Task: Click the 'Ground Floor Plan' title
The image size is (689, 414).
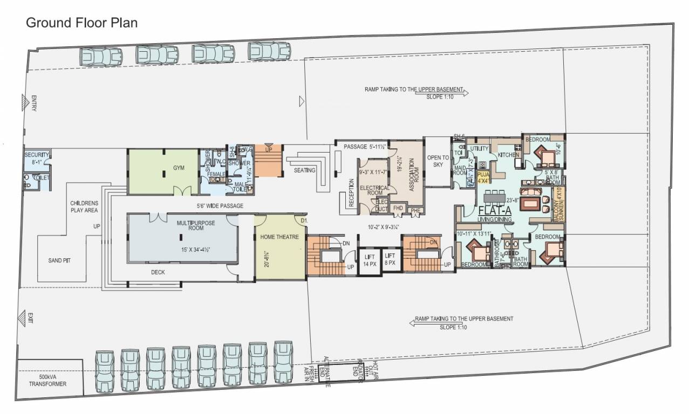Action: click(81, 23)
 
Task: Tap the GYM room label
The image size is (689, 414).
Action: click(179, 168)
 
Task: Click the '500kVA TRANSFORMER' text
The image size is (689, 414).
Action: click(48, 380)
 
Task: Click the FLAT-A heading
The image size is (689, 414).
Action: click(495, 210)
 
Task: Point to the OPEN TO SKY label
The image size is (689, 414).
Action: click(438, 161)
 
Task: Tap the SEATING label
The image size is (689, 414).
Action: click(305, 170)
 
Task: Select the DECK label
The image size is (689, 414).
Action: click(158, 272)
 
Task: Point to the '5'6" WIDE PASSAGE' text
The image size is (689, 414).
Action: click(220, 206)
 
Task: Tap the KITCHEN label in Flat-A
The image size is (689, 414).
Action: click(508, 155)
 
